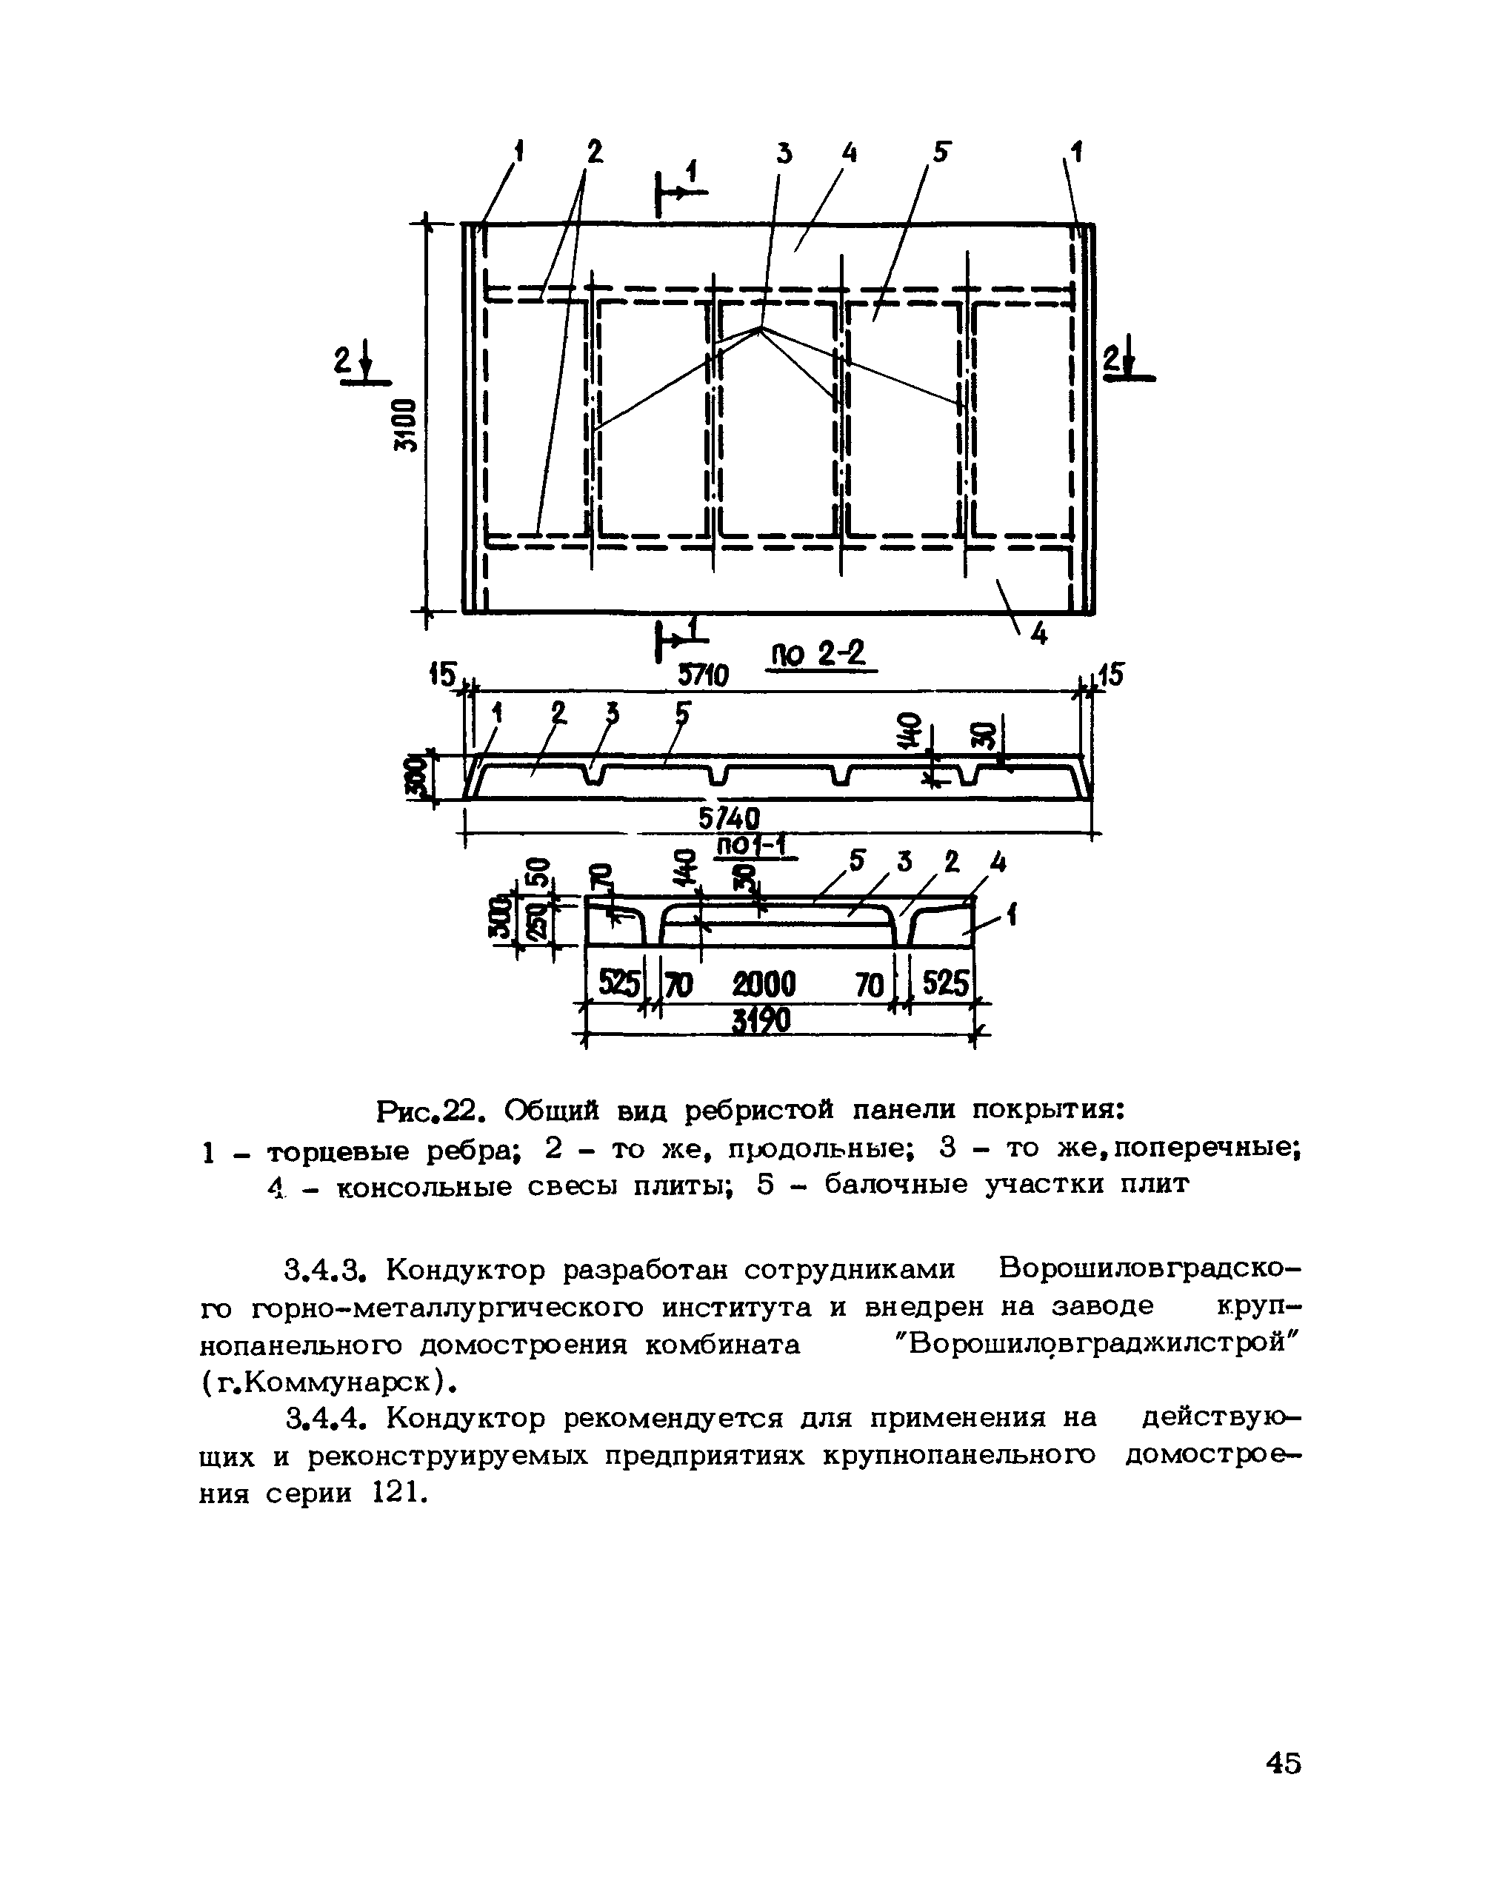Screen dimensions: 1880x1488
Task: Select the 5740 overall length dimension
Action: click(730, 817)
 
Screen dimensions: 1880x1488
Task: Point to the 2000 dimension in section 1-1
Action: click(764, 985)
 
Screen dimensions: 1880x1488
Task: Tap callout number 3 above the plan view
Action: click(784, 154)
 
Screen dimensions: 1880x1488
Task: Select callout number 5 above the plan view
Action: click(941, 153)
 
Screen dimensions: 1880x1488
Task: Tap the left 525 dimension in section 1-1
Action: click(618, 985)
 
